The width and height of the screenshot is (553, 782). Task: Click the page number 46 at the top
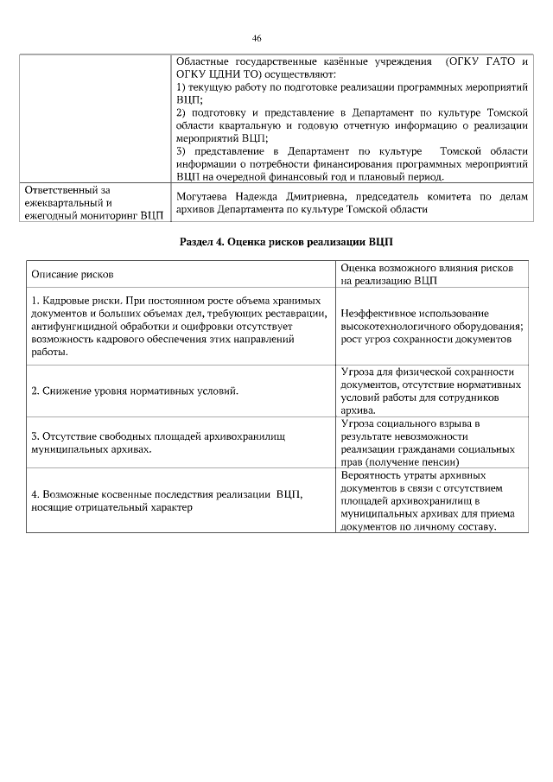(257, 38)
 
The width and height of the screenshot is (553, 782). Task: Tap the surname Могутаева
(204, 198)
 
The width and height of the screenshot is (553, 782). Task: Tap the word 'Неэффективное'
(379, 314)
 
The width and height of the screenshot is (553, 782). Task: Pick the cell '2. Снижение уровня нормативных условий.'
(135, 391)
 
